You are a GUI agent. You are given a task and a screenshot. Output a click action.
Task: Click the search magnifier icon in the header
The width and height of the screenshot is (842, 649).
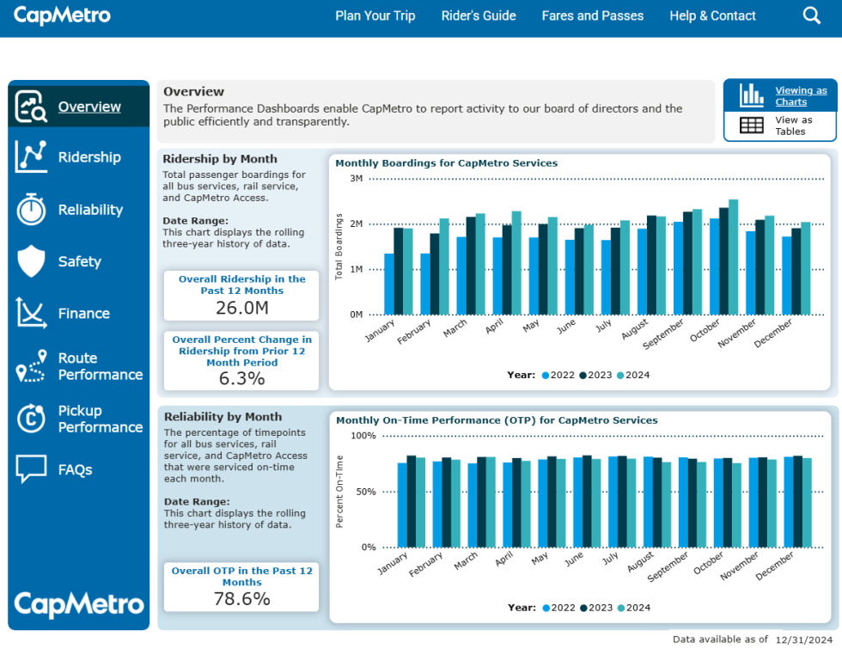tap(811, 15)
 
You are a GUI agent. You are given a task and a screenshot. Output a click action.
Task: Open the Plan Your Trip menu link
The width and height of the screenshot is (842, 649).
tap(375, 15)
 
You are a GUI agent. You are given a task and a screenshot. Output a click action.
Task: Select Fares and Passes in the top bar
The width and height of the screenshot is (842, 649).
tap(592, 15)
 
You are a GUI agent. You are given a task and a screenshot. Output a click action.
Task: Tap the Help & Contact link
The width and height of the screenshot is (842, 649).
tap(712, 15)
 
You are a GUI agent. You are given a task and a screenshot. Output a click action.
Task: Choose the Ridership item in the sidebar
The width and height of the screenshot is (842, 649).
tap(89, 157)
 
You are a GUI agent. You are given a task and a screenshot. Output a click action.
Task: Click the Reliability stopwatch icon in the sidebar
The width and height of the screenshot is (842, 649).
tap(32, 209)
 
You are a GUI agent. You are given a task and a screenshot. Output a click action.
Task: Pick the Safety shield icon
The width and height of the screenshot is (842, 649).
tap(32, 261)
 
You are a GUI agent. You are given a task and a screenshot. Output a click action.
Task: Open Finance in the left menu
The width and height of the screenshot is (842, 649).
tap(83, 314)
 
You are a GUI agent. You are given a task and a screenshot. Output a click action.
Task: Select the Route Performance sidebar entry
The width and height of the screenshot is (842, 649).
tap(100, 366)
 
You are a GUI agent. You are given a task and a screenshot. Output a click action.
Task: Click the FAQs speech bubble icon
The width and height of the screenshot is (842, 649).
tap(32, 469)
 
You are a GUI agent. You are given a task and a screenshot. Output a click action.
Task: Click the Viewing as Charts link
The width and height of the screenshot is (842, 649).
tap(801, 96)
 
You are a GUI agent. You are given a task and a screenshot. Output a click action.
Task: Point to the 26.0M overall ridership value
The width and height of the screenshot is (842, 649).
tap(241, 308)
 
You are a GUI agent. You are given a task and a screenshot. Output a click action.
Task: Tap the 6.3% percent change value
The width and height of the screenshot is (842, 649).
tap(241, 378)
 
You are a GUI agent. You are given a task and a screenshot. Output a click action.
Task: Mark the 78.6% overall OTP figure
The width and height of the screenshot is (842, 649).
tap(241, 599)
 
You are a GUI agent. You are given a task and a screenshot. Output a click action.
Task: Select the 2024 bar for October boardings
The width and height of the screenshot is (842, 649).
tap(733, 257)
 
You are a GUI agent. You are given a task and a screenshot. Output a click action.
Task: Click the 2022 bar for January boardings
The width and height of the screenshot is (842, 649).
tap(389, 284)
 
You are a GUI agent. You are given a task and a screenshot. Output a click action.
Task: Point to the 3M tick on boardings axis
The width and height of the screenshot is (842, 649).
tap(356, 179)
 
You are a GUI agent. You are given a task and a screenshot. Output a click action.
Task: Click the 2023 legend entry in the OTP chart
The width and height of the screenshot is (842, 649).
tap(596, 608)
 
